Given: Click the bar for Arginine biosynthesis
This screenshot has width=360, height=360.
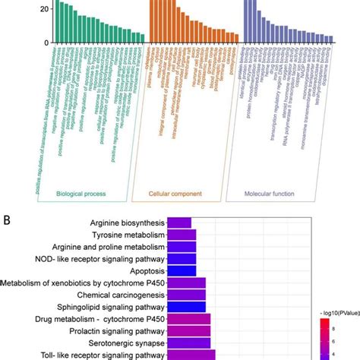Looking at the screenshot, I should (178, 223).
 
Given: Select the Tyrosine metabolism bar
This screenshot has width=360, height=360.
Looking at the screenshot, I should (181, 235).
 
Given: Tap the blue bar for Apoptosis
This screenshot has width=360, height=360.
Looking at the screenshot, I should (181, 270).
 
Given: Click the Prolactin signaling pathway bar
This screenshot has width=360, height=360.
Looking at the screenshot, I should (191, 330).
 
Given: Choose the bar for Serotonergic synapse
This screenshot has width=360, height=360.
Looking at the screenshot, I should (191, 342).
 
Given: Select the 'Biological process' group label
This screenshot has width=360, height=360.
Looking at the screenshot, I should (83, 194).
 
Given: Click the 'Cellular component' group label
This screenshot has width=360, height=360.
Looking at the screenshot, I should (176, 194).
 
